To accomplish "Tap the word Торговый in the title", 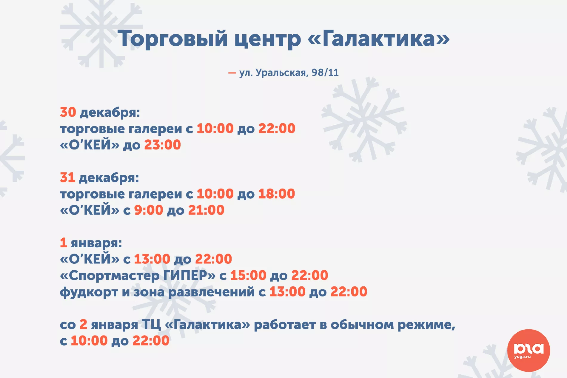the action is click(x=173, y=39).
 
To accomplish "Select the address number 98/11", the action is click(x=325, y=72).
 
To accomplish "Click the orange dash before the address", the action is click(x=232, y=73).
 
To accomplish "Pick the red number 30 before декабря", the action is click(x=68, y=112).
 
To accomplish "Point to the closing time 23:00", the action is click(x=163, y=145).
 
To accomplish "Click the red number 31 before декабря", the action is click(x=67, y=178).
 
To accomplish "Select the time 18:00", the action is click(x=277, y=194).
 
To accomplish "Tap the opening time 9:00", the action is click(x=149, y=210).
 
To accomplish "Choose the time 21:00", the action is click(x=206, y=210).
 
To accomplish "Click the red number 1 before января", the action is click(x=63, y=243).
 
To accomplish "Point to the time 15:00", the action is click(x=248, y=275).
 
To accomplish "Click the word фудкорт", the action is click(x=89, y=292).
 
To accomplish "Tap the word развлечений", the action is click(x=212, y=292).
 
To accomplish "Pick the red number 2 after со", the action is click(x=83, y=324).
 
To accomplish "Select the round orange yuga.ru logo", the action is click(x=529, y=350).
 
